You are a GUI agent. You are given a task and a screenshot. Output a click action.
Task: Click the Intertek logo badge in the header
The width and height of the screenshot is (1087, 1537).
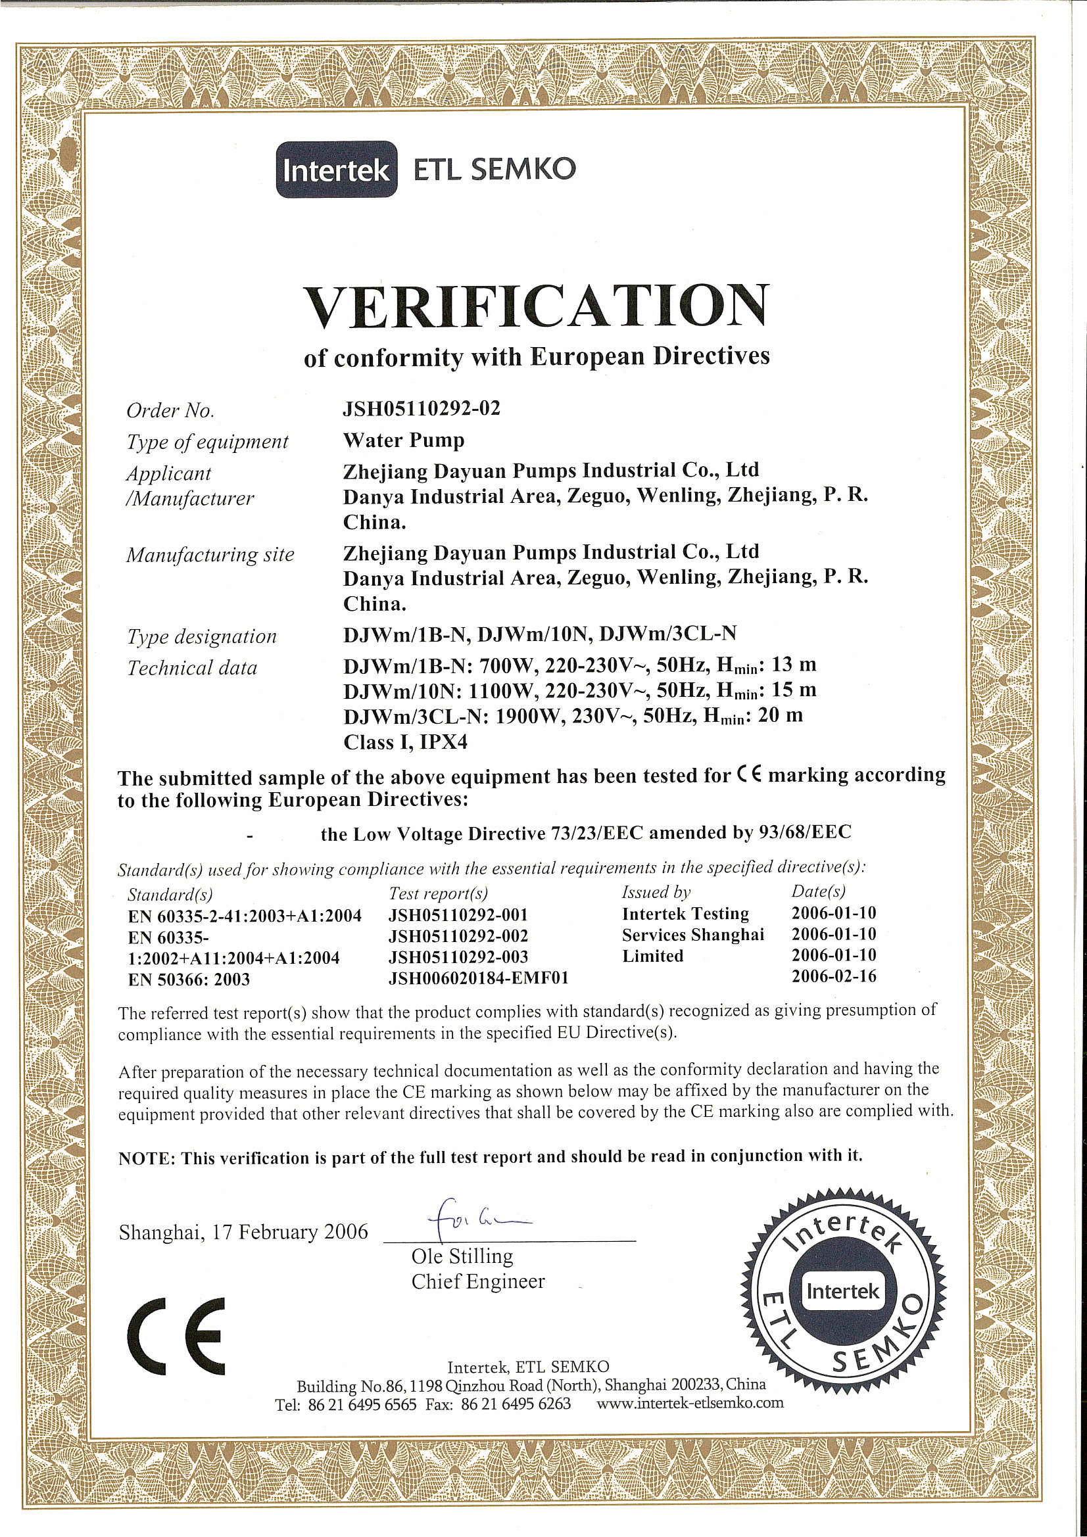coord(336,170)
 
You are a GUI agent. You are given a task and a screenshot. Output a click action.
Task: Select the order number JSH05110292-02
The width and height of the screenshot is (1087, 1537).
coord(422,408)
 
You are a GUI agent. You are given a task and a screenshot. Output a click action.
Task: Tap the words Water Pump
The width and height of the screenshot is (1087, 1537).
coord(403,440)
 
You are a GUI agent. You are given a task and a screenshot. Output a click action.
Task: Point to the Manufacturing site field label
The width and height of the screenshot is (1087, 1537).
coord(210,555)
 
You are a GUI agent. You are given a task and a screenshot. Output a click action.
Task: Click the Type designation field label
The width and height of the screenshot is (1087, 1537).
coord(202,636)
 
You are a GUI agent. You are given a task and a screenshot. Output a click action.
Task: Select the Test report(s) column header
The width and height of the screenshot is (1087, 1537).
coord(438,893)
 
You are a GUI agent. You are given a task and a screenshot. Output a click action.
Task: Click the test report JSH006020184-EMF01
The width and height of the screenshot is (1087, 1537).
coord(478,978)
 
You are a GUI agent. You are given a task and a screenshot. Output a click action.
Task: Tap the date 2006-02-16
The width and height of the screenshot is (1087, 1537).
coord(834,976)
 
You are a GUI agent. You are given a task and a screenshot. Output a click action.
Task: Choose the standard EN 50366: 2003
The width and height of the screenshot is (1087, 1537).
coord(189,980)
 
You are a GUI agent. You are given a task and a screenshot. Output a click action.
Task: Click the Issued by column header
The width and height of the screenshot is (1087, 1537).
coord(656,891)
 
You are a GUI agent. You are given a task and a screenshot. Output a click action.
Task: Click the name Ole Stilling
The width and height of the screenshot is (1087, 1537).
coord(462,1256)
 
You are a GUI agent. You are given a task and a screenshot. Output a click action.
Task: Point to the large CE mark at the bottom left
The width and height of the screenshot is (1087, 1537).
coord(177,1337)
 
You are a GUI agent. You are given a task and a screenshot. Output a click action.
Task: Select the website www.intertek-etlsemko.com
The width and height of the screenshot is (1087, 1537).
coord(690,1402)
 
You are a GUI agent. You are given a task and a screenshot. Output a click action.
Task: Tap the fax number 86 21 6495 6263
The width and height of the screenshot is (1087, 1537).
coord(516,1404)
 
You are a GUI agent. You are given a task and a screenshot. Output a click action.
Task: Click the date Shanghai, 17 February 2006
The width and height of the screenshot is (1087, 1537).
coord(243,1232)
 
